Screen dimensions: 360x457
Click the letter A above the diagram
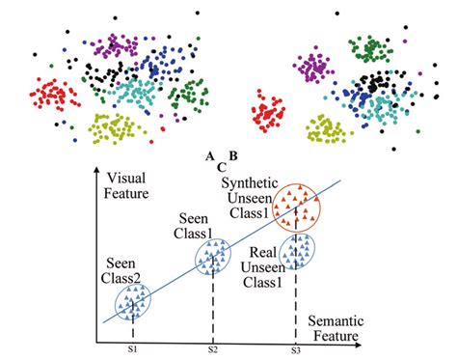point(209,155)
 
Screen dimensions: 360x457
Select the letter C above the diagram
point(221,166)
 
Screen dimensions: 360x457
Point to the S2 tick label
point(213,348)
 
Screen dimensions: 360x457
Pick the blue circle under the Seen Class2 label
point(133,304)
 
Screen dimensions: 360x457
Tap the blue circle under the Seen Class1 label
point(214,257)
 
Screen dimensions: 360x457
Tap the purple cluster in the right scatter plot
point(312,68)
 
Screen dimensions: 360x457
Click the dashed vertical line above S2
point(213,309)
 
